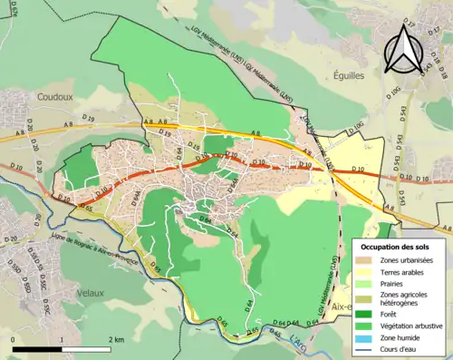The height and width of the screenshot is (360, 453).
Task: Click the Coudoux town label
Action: pos(56,94)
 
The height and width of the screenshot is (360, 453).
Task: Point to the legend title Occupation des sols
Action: pos(396,246)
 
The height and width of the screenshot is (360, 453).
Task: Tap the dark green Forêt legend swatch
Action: pos(365,316)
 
